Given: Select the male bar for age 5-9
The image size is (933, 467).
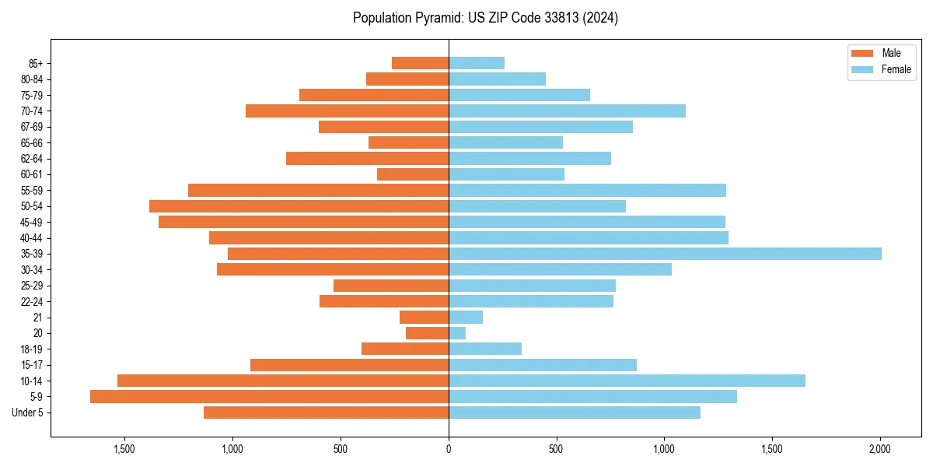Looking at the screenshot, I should (269, 397).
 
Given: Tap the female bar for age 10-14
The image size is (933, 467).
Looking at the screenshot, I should (627, 381).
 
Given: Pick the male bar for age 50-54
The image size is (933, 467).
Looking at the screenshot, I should (299, 206).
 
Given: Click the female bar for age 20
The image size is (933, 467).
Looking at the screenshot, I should (457, 333).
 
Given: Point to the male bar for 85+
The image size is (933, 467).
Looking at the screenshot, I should (420, 63).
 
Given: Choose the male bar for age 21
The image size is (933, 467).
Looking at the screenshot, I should (424, 318).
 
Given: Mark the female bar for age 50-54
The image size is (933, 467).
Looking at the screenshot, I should (537, 206).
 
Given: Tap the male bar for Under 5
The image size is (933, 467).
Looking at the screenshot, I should (326, 413).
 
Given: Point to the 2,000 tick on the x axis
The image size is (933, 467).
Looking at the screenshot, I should (879, 450).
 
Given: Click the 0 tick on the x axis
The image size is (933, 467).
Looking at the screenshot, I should (449, 450).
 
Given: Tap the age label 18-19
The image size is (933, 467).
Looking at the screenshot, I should (32, 349).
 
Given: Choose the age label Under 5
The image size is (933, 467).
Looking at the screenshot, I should (28, 413).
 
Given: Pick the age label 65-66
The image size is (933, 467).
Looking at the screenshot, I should (32, 143).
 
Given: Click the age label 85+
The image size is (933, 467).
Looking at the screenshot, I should (36, 63).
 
